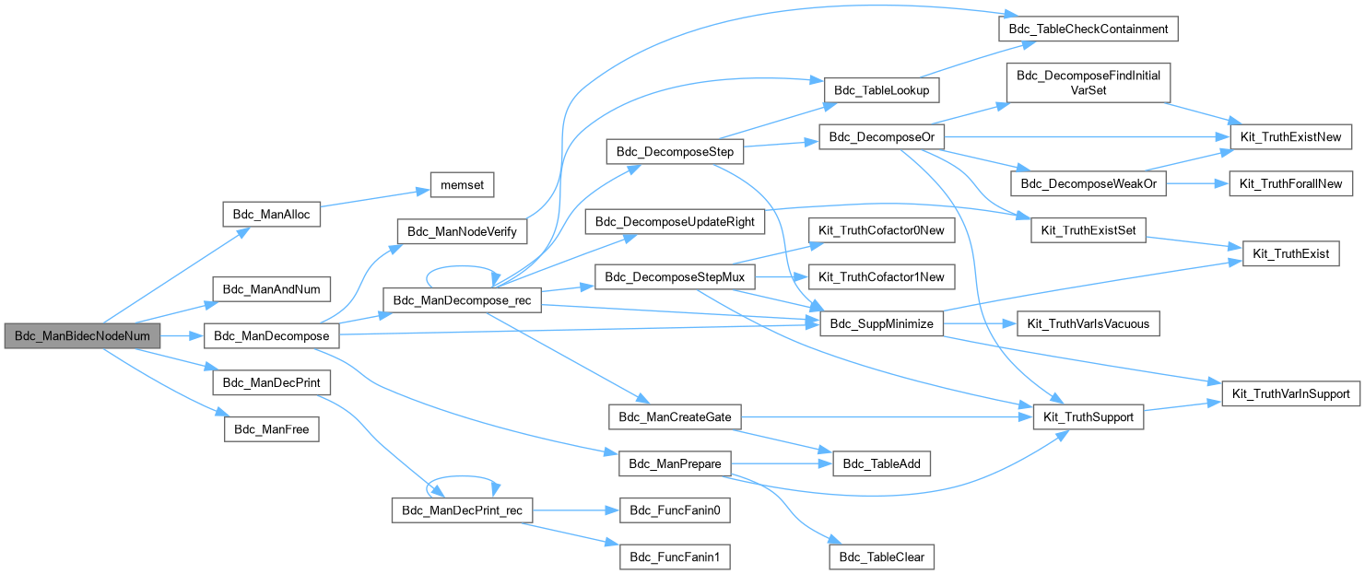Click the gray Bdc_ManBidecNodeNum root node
pos(81,336)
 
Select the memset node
pos(461,184)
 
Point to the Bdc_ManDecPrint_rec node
pos(462,510)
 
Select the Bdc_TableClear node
pos(882,556)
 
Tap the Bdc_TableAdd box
pos(882,463)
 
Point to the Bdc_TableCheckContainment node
pos(1088,29)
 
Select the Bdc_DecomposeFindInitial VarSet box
pos(1088,83)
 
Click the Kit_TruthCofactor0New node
pos(881,230)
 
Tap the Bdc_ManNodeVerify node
pos(461,230)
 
